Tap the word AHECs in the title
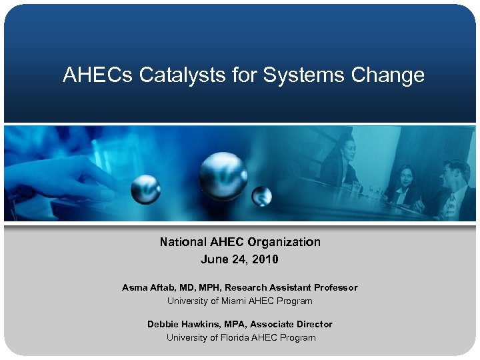pos(98,75)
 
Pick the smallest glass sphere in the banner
pos(262,195)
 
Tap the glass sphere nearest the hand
pos(145,189)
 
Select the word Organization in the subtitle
pos(283,242)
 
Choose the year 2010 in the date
pos(265,259)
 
